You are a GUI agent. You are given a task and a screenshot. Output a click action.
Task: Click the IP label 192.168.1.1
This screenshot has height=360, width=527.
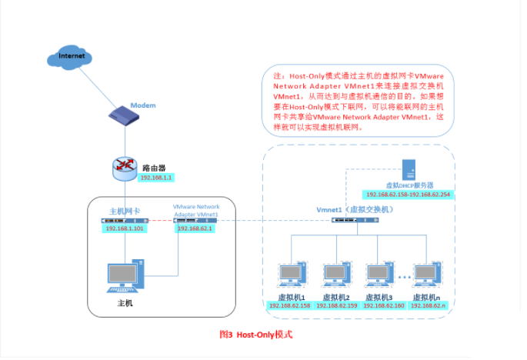point(157,178)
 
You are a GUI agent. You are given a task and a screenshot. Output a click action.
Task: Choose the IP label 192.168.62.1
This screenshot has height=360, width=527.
point(195,228)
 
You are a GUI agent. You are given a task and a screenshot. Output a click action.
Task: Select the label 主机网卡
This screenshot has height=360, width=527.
point(126,211)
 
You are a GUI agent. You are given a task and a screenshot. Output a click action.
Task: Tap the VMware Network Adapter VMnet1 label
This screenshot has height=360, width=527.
point(196,211)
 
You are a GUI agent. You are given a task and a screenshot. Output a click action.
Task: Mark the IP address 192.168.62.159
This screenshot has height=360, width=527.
point(337,305)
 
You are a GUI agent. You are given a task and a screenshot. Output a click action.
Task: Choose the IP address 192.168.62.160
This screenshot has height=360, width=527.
point(382,305)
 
